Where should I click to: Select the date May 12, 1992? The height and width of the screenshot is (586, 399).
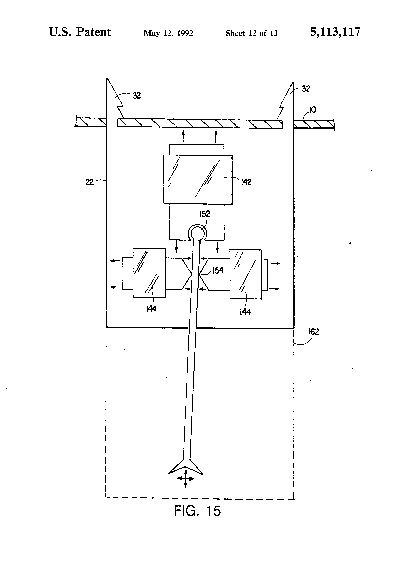tap(168, 33)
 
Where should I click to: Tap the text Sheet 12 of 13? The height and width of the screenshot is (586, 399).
tap(251, 33)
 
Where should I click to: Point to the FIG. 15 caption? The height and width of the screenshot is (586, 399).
tap(197, 511)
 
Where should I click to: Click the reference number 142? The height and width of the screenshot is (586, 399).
tap(246, 182)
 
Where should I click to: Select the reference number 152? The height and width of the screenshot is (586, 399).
tap(205, 214)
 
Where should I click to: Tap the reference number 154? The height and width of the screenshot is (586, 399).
tap(218, 270)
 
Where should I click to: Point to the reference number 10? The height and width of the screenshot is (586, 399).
tap(312, 110)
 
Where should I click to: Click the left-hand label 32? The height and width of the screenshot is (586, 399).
tap(137, 96)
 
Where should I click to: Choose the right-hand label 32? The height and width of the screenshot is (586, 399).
tap(306, 89)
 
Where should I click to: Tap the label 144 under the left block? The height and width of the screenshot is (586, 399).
tap(151, 309)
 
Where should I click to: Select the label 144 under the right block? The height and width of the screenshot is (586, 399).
tap(245, 312)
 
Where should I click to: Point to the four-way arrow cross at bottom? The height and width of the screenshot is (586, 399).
tap(186, 478)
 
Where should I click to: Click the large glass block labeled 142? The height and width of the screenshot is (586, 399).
tap(198, 179)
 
